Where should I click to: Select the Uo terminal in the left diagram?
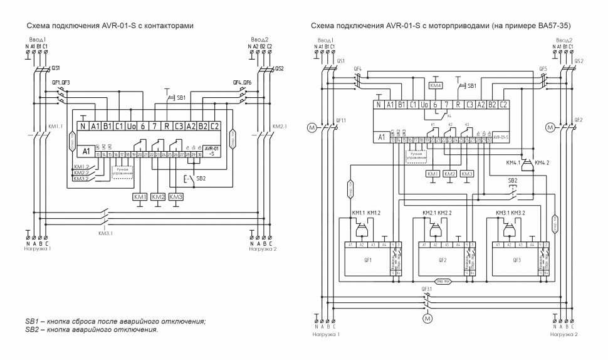coord(130,126)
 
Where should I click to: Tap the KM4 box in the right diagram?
coord(436,85)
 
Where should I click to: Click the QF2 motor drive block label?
coord(443,259)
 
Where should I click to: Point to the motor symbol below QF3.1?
coord(429,319)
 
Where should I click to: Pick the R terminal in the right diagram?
coord(458,105)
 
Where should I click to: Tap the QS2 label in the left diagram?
coord(279,68)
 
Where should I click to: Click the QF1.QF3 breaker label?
coord(61,82)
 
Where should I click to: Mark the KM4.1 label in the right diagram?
coord(513,162)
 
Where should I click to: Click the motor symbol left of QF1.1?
coord(312,128)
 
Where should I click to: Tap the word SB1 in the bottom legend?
coord(32,322)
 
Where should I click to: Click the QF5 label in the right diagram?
coord(543,68)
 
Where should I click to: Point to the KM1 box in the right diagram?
coord(432,173)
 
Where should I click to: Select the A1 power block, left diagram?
coord(86,151)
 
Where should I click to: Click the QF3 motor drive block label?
coord(516,259)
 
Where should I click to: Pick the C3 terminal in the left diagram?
coord(179,126)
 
